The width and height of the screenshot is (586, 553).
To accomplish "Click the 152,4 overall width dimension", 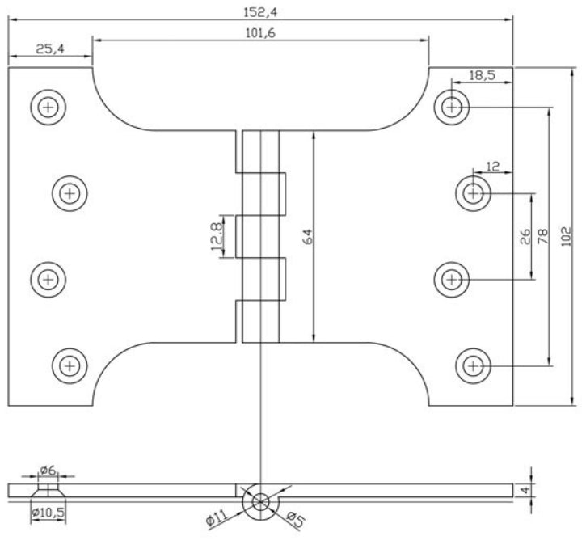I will (x=260, y=10).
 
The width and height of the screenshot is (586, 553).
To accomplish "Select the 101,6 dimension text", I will (x=260, y=32).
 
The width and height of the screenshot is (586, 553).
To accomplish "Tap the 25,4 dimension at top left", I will (x=49, y=49).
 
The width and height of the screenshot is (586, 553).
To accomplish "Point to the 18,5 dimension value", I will (x=482, y=75).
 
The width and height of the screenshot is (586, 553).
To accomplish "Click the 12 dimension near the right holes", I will (x=493, y=167).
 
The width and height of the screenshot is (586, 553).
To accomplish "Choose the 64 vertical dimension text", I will (x=307, y=237).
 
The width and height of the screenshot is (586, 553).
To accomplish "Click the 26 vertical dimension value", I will (x=525, y=236).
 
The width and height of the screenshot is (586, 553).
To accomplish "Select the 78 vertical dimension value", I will (x=542, y=236).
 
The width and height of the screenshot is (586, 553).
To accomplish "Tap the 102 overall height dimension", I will (x=567, y=237).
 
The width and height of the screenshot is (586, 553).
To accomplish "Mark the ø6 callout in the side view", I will (x=48, y=469).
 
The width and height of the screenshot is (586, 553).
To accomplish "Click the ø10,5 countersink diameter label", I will (x=48, y=511).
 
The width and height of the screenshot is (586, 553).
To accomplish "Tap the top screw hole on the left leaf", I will (x=48, y=106).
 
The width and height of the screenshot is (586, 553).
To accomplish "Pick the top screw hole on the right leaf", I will (x=453, y=106).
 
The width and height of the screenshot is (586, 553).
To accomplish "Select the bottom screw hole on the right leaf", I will (x=473, y=365).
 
